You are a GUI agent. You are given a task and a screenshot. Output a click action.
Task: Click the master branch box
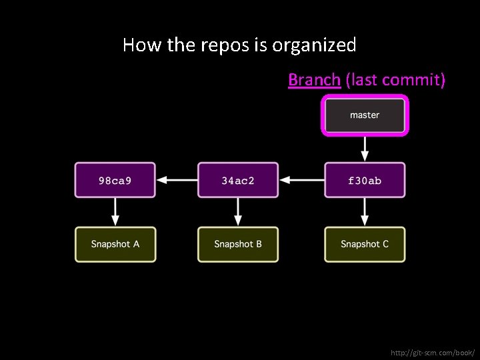click(x=365, y=115)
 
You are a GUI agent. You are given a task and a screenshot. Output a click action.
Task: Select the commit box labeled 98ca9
click(x=115, y=180)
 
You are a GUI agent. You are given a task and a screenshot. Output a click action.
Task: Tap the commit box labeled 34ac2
click(x=238, y=180)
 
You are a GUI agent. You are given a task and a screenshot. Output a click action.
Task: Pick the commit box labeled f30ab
click(x=365, y=180)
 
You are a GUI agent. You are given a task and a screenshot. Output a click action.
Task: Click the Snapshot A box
click(x=115, y=244)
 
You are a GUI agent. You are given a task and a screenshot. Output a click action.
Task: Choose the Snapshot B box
click(x=238, y=244)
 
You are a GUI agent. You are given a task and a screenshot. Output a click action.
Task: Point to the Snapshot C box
click(x=365, y=244)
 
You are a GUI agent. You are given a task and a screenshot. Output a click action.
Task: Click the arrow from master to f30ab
click(x=365, y=147)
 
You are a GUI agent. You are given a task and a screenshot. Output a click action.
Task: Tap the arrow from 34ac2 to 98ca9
click(x=176, y=180)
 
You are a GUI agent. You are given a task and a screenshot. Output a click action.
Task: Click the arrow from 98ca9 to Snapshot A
click(x=115, y=212)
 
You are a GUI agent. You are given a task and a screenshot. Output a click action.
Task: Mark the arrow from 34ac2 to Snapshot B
click(x=238, y=212)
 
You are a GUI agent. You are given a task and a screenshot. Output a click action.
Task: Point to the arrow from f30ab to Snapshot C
click(x=365, y=212)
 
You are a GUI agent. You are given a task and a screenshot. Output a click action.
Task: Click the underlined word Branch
click(x=314, y=80)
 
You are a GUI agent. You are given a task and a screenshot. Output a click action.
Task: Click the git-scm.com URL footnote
click(x=433, y=351)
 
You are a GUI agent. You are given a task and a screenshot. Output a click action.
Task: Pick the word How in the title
click(x=138, y=45)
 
